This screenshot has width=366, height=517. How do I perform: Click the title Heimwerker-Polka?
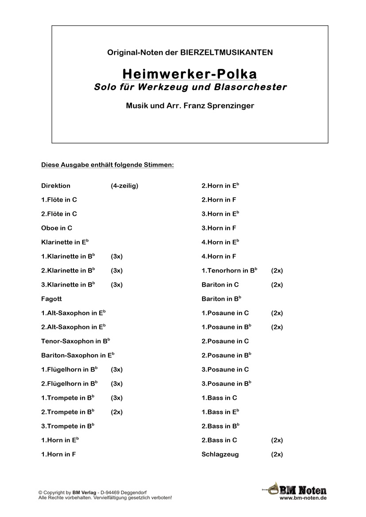click(189, 73)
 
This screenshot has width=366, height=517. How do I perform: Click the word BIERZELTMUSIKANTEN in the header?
click(227, 52)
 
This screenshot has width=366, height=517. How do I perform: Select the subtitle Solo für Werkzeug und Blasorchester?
click(190, 87)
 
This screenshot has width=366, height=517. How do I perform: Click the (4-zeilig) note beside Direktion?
click(125, 186)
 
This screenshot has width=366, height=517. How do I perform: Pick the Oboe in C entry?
click(57, 228)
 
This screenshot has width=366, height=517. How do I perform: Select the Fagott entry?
click(51, 299)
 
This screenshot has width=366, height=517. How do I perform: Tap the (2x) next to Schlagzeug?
click(277, 454)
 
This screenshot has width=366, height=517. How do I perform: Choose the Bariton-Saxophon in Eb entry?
click(77, 355)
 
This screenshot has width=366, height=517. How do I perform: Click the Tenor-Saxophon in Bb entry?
click(75, 341)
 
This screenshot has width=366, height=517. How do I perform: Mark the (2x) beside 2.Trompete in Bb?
click(117, 412)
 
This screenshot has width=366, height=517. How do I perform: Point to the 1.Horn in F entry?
click(58, 454)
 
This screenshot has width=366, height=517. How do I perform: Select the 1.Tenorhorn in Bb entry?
click(229, 271)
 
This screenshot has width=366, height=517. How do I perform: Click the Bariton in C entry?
click(220, 285)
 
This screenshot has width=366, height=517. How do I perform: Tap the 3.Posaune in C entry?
click(225, 369)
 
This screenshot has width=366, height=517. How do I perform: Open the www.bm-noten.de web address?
click(303, 498)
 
